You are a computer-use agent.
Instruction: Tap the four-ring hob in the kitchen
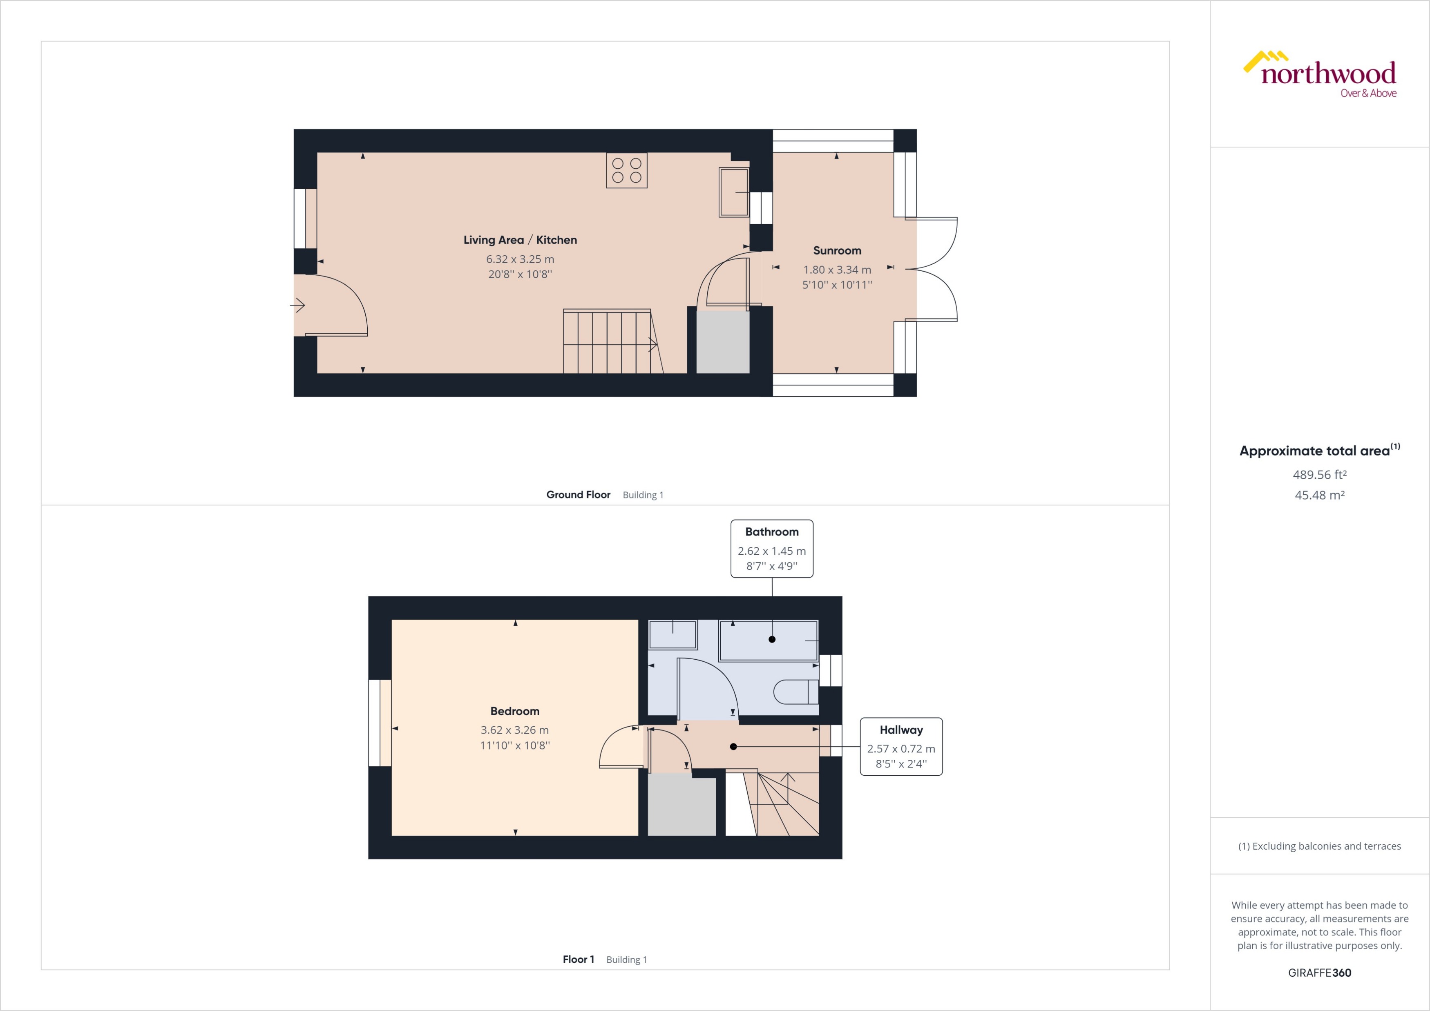coord(627,170)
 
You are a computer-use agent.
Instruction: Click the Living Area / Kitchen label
coord(520,240)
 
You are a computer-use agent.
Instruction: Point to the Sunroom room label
coord(837,250)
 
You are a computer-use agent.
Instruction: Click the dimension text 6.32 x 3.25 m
coord(520,259)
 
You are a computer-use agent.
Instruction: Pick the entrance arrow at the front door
coord(298,306)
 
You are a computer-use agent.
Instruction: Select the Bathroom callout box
coord(772,549)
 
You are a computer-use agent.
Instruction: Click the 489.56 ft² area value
coord(1319,474)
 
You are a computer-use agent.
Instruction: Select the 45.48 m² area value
coord(1319,495)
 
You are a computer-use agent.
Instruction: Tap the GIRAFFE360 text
coord(1319,973)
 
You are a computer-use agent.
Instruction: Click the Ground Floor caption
coord(578,494)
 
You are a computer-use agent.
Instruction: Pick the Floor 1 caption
coord(578,960)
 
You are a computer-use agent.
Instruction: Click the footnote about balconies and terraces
coord(1319,846)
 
